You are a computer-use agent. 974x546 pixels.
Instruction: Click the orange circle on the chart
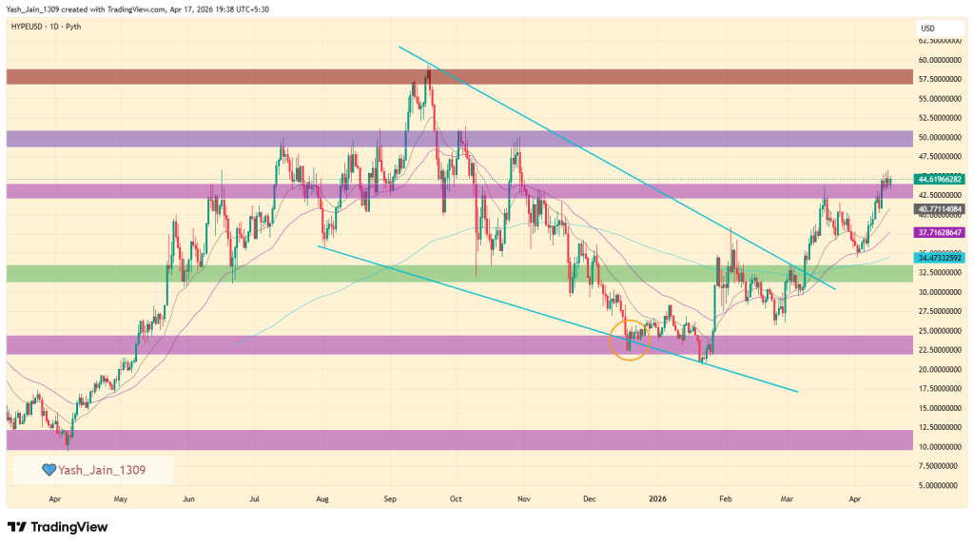(629, 340)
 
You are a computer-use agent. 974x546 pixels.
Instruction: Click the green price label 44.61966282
(941, 179)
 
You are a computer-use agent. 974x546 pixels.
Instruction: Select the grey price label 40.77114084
(941, 208)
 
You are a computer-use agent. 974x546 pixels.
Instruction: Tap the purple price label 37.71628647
(941, 231)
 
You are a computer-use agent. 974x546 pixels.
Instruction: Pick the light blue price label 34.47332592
(941, 258)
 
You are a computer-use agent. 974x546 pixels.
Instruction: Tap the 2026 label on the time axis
(658, 497)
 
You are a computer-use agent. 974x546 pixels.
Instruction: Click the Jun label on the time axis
(188, 497)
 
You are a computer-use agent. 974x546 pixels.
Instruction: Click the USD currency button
(928, 28)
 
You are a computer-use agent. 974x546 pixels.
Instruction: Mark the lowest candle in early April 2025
(68, 439)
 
